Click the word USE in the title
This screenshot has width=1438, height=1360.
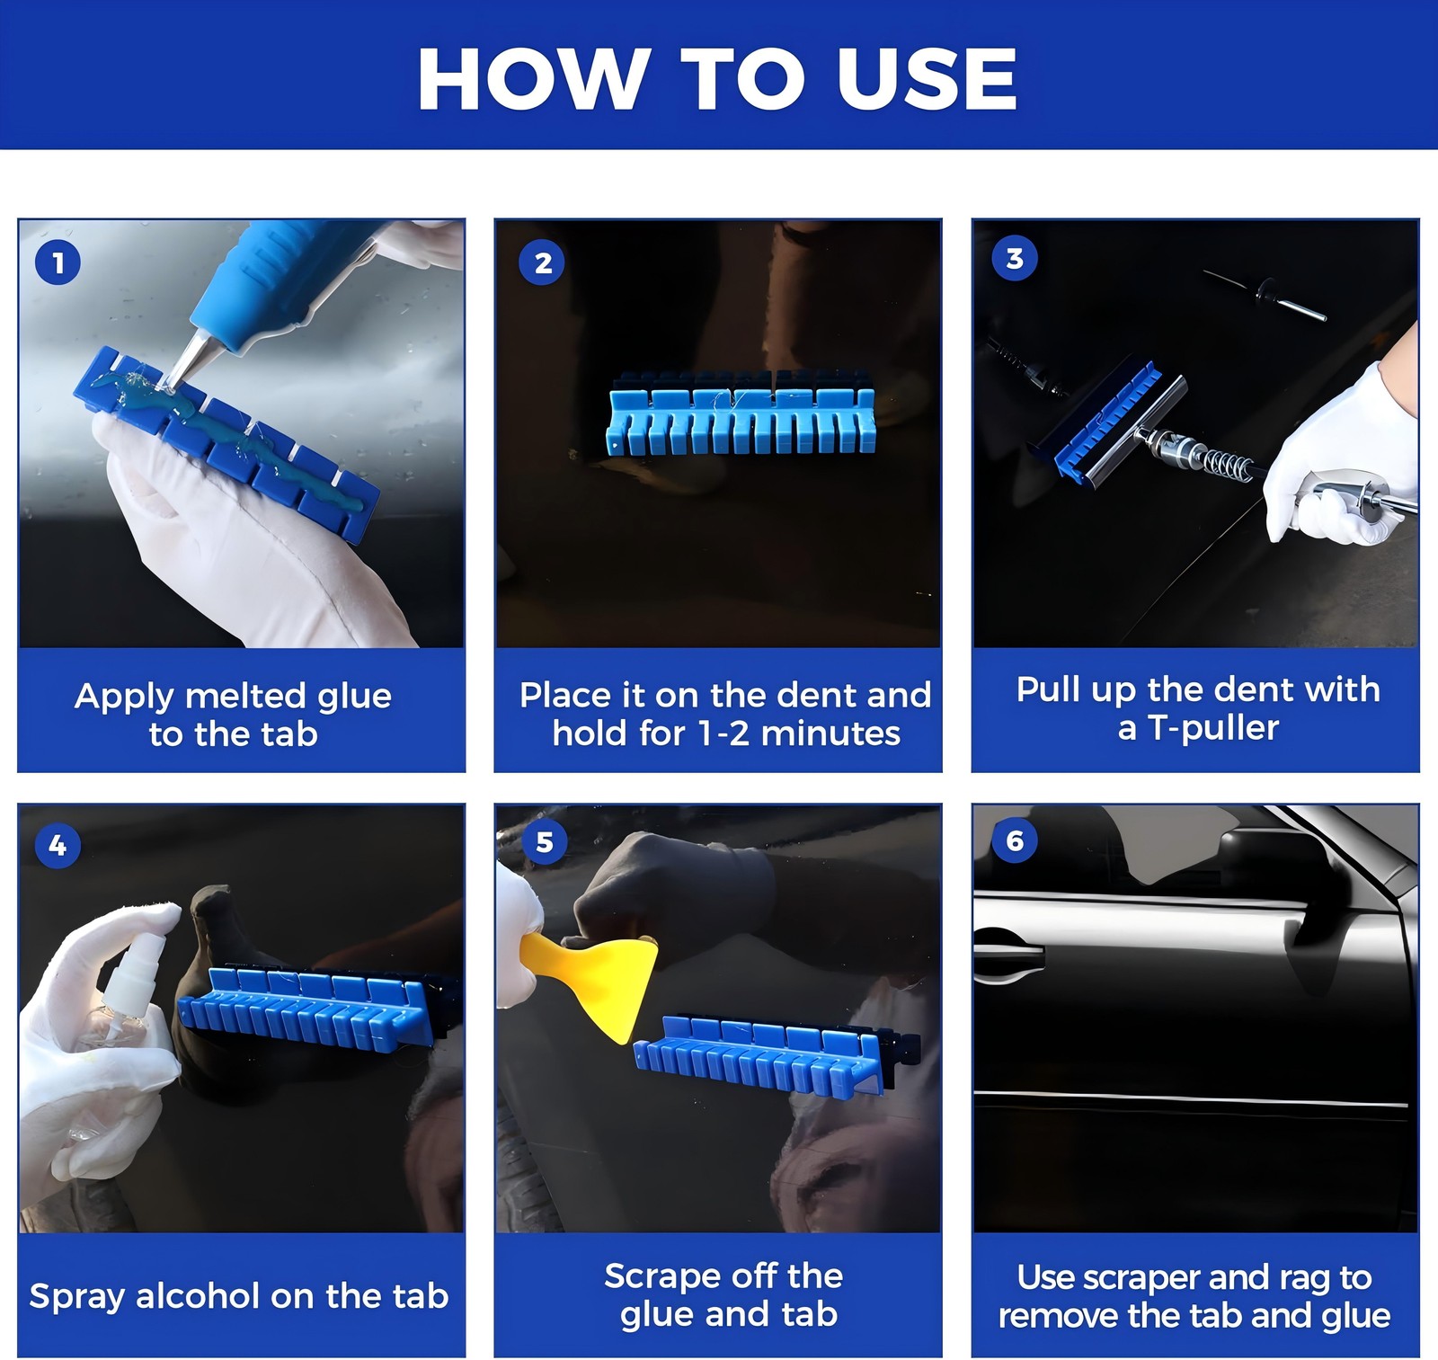pos(927,79)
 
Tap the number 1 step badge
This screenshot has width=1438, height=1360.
pos(58,263)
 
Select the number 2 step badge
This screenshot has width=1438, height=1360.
pos(542,263)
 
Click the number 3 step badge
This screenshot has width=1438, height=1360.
pos(1015,259)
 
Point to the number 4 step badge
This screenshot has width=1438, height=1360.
pos(58,846)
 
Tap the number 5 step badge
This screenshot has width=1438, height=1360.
pos(544,842)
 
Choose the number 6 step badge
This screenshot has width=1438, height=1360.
pos(1015,840)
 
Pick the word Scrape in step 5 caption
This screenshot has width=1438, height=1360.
pos(655,1276)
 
